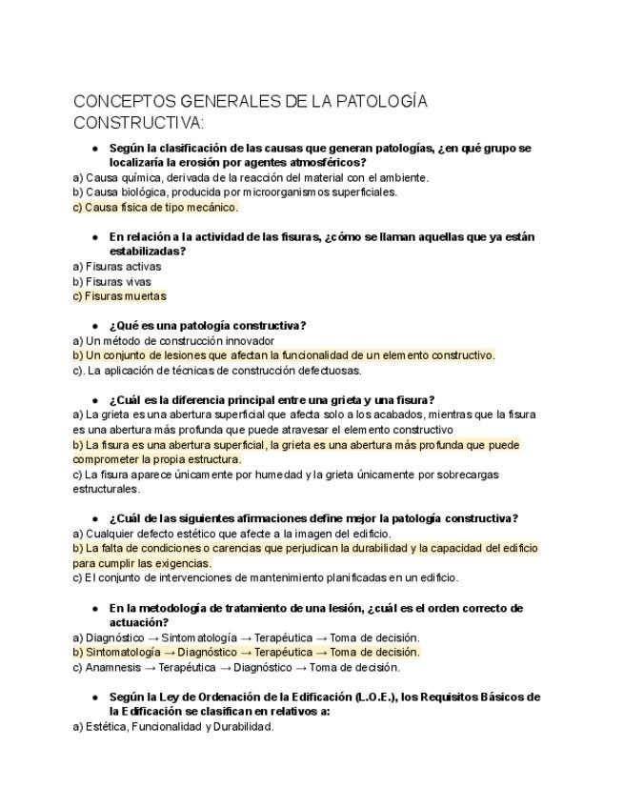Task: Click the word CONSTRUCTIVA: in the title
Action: pyautogui.click(x=138, y=124)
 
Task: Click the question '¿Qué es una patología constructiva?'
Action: pyautogui.click(x=208, y=326)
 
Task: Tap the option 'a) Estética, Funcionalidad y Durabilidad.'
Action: pyautogui.click(x=173, y=726)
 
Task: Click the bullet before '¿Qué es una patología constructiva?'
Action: pyautogui.click(x=95, y=326)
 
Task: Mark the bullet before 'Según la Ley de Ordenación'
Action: pyautogui.click(x=95, y=697)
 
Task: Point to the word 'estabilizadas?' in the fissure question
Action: pyautogui.click(x=148, y=252)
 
